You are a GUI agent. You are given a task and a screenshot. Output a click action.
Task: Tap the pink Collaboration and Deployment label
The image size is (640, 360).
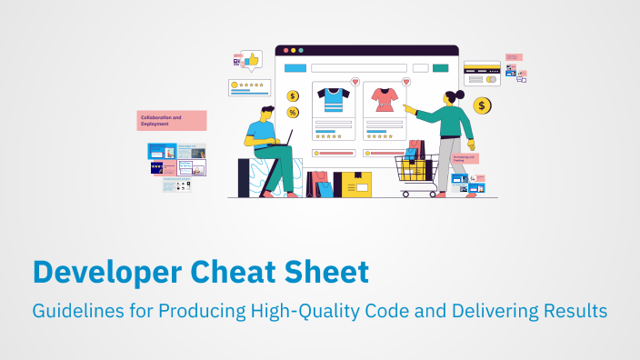(172, 120)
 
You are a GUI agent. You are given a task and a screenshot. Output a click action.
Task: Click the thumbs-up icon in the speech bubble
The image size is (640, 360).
(252, 60)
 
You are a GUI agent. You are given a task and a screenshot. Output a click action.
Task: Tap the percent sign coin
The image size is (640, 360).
(292, 112)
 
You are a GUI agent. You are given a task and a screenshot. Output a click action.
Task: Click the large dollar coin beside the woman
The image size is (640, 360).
(482, 106)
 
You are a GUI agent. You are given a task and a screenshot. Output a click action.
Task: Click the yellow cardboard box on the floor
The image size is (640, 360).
(353, 185)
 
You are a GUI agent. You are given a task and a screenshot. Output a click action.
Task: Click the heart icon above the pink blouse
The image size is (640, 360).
(405, 82)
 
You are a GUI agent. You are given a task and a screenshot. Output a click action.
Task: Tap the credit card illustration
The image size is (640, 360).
(482, 73)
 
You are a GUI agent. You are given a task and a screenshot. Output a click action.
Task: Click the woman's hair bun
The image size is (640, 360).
(460, 94)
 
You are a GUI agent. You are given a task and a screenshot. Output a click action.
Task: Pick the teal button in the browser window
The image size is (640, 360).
(441, 68)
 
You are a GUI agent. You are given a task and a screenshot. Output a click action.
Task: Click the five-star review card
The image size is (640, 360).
(248, 87)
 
